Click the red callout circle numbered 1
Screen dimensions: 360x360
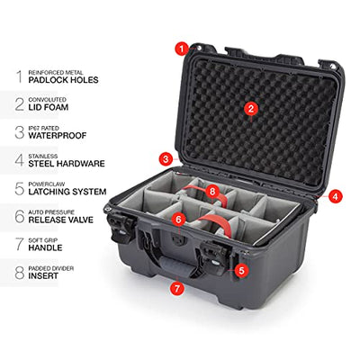point(181,49)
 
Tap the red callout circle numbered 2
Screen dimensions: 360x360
point(251,109)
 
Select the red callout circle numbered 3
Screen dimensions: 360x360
point(166,159)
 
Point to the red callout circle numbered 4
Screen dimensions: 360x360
point(335,197)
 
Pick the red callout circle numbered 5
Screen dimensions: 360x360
point(241,271)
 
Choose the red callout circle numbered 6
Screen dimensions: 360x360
point(178,220)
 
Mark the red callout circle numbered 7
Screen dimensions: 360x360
point(177,289)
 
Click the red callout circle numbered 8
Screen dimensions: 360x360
point(212,192)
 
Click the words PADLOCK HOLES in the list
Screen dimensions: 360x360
point(63,80)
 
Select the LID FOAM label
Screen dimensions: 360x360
point(49,107)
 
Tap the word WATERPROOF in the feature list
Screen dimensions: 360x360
point(58,135)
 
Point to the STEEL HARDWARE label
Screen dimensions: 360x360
point(67,164)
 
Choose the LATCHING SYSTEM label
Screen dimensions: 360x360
point(67,192)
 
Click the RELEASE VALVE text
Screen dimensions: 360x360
point(61,220)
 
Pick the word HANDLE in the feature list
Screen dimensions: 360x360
point(45,247)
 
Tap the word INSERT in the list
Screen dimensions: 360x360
point(43,276)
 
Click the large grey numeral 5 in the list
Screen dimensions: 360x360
point(20,188)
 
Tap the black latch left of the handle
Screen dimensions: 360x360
point(121,226)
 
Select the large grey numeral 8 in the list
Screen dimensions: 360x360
point(20,273)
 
